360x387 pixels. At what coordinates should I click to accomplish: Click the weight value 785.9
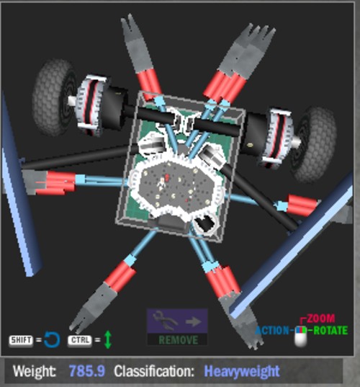(x=87, y=370)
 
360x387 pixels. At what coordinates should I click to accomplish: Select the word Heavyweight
(x=242, y=371)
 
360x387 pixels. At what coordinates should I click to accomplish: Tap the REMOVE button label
(x=178, y=340)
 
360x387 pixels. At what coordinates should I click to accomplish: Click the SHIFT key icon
(x=21, y=340)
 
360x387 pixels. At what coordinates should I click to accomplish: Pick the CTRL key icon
(x=80, y=340)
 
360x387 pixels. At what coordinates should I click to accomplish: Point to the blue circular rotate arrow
(x=52, y=340)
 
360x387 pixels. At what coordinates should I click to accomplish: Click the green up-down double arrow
(x=108, y=339)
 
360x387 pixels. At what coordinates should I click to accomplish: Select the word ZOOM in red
(x=321, y=319)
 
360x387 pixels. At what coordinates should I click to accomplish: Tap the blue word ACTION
(x=271, y=330)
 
